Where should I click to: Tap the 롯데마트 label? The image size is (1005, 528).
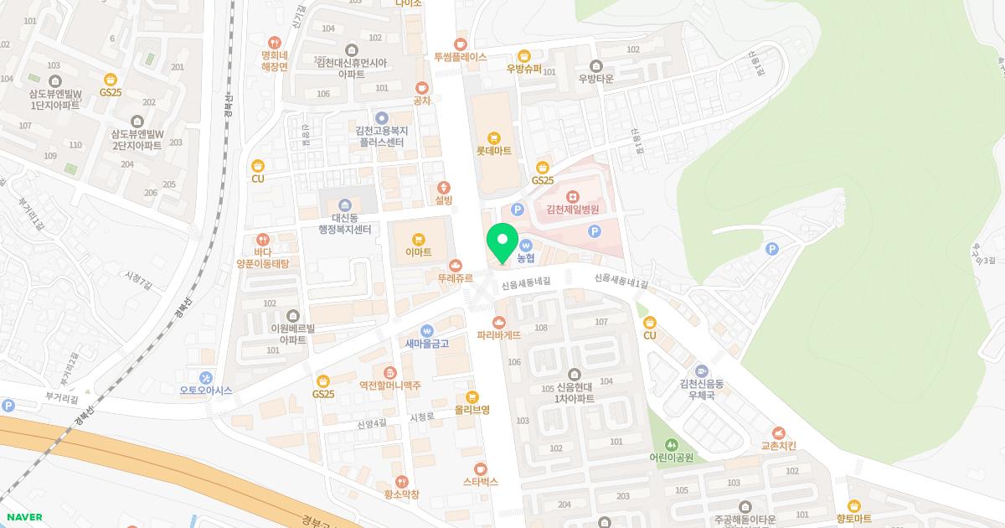tap(493, 151)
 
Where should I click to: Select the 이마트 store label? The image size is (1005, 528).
tap(418, 251)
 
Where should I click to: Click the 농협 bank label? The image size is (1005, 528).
tap(526, 258)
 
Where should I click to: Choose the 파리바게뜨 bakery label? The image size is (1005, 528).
tap(499, 334)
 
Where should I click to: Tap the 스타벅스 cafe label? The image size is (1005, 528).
tap(480, 482)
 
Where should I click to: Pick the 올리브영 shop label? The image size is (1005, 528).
tap(472, 410)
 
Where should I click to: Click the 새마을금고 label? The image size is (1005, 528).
tap(427, 343)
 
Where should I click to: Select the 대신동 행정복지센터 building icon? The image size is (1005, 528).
tap(345, 205)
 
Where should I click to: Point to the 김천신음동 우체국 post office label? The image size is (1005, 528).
tap(702, 389)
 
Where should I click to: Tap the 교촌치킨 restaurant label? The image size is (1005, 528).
tap(779, 445)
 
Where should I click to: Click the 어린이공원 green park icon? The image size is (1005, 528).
tap(671, 444)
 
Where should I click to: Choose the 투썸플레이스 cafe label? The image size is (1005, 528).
tap(460, 57)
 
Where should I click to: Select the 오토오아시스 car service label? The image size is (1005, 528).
tap(205, 391)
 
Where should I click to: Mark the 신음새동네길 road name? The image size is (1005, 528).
tap(526, 284)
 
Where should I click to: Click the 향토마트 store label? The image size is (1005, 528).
tap(853, 519)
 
